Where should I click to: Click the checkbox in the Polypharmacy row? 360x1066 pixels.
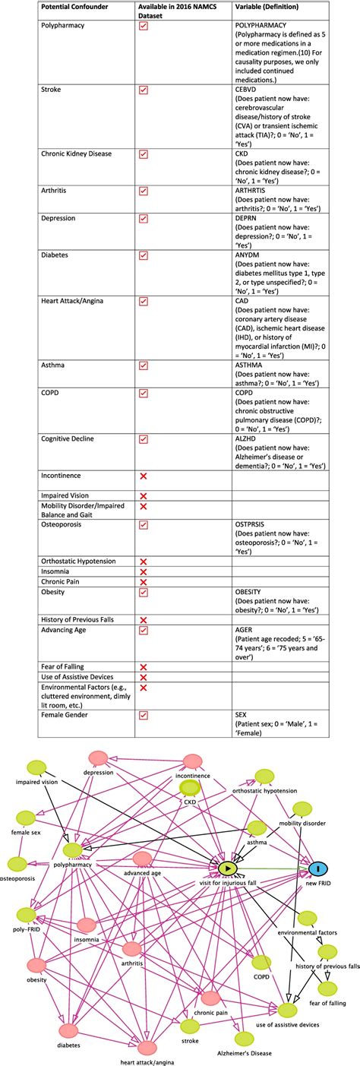pyautogui.click(x=143, y=26)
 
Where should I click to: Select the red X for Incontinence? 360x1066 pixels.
pyautogui.click(x=143, y=476)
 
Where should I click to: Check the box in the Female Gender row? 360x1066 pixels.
pyautogui.click(x=143, y=715)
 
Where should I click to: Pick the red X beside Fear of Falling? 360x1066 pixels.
pyautogui.click(x=143, y=666)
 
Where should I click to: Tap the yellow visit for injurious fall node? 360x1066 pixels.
pyautogui.click(x=227, y=868)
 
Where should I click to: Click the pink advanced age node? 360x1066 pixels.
pyautogui.click(x=141, y=859)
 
